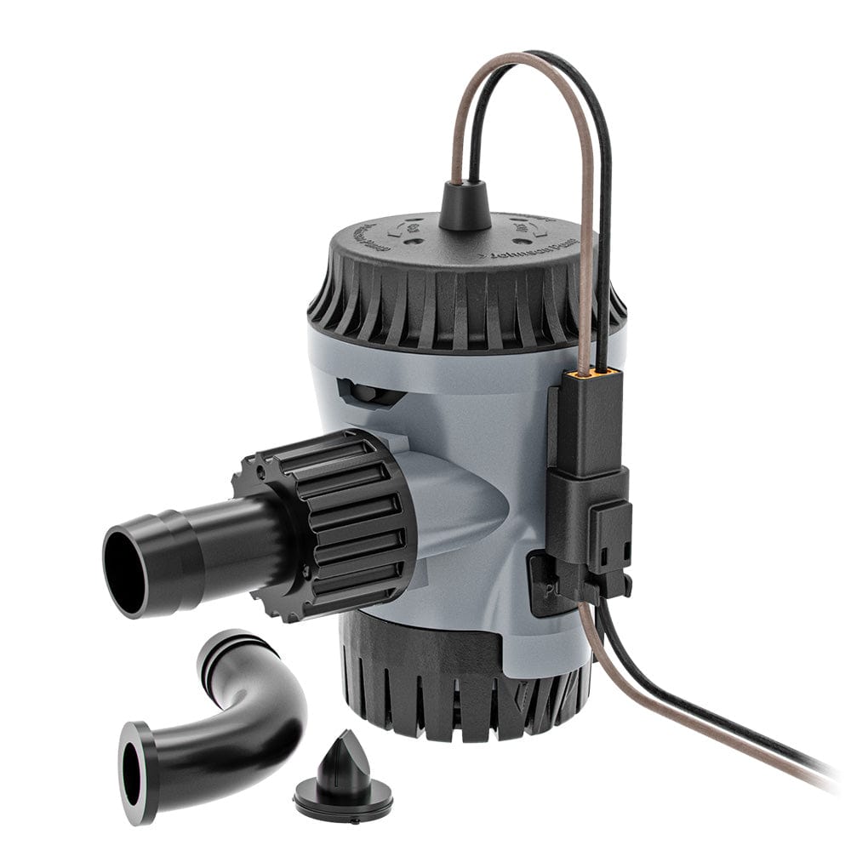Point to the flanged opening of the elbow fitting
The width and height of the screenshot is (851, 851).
click(134, 773)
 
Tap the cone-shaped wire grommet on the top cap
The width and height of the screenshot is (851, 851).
click(465, 207)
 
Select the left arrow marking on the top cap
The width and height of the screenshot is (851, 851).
click(394, 229)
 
